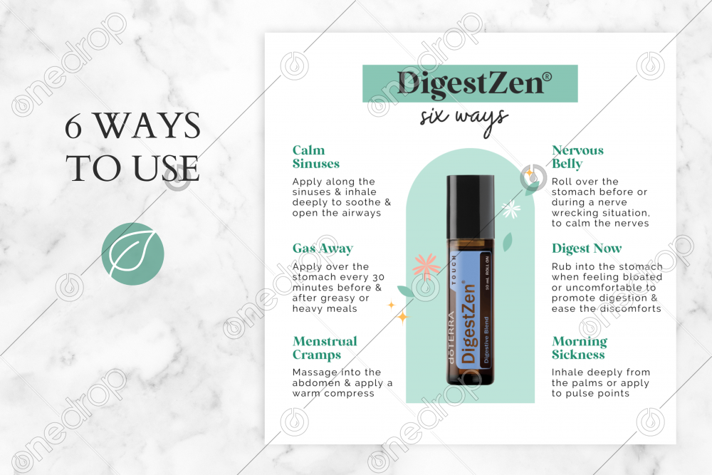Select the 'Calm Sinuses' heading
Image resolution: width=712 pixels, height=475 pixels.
(x=316, y=157)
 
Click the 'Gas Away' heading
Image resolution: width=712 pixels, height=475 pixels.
(x=323, y=249)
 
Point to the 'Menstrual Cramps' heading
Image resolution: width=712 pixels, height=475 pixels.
(x=325, y=348)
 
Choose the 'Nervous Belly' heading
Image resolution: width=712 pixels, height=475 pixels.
(x=577, y=157)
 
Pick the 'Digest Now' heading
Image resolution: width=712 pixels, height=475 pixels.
(x=587, y=249)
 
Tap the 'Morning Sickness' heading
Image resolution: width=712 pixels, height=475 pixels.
(x=580, y=348)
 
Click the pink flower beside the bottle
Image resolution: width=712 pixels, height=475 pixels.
(x=426, y=266)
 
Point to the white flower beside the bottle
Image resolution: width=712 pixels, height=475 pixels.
(x=511, y=209)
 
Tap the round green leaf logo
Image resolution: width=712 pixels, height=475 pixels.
(x=132, y=254)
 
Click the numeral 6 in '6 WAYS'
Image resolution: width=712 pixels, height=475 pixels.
(x=73, y=126)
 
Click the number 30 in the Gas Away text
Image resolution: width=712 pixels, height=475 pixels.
(x=378, y=278)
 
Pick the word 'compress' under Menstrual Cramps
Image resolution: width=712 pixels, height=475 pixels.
(x=352, y=394)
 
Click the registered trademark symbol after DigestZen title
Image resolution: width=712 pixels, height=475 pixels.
(x=548, y=77)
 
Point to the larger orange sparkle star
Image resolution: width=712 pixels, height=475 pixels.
(x=402, y=316)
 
